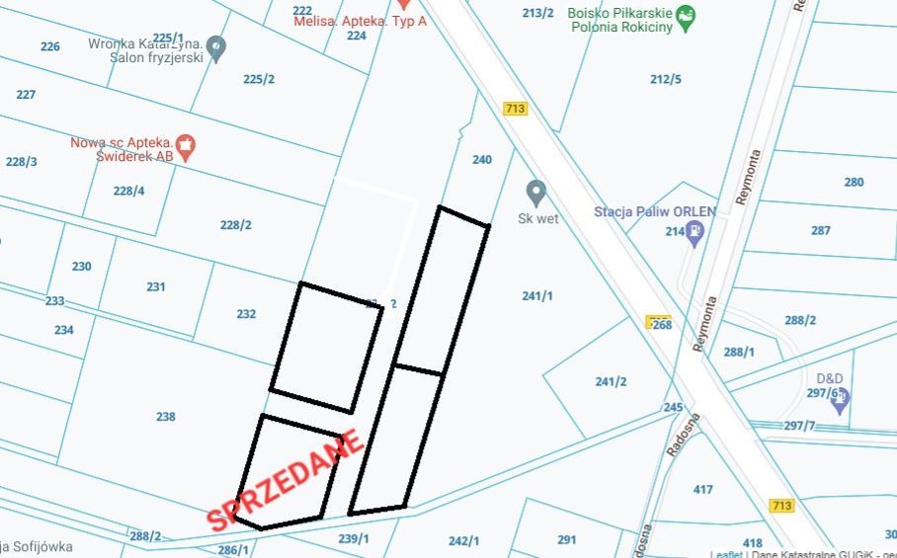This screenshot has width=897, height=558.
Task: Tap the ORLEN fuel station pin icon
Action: tap(696, 232)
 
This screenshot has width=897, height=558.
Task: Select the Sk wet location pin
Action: tap(536, 191)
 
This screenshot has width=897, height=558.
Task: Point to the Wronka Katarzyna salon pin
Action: tap(217, 45)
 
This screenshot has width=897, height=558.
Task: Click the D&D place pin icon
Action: tap(841, 398)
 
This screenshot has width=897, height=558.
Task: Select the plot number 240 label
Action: tap(482, 160)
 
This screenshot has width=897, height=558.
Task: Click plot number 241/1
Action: tap(537, 295)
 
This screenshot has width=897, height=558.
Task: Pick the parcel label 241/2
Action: tap(612, 382)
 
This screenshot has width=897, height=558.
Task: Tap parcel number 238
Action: tap(166, 417)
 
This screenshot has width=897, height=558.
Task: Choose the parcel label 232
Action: tap(247, 314)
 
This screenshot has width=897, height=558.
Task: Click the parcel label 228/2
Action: tap(236, 225)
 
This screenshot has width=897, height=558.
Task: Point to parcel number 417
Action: tap(703, 489)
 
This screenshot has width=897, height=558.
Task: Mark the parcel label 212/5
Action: tap(666, 79)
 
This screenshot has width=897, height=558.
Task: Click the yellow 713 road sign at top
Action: tap(514, 109)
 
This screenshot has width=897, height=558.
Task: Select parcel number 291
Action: tap(566, 539)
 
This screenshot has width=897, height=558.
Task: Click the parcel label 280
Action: tap(854, 182)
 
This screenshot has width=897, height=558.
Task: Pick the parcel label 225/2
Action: tap(259, 79)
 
